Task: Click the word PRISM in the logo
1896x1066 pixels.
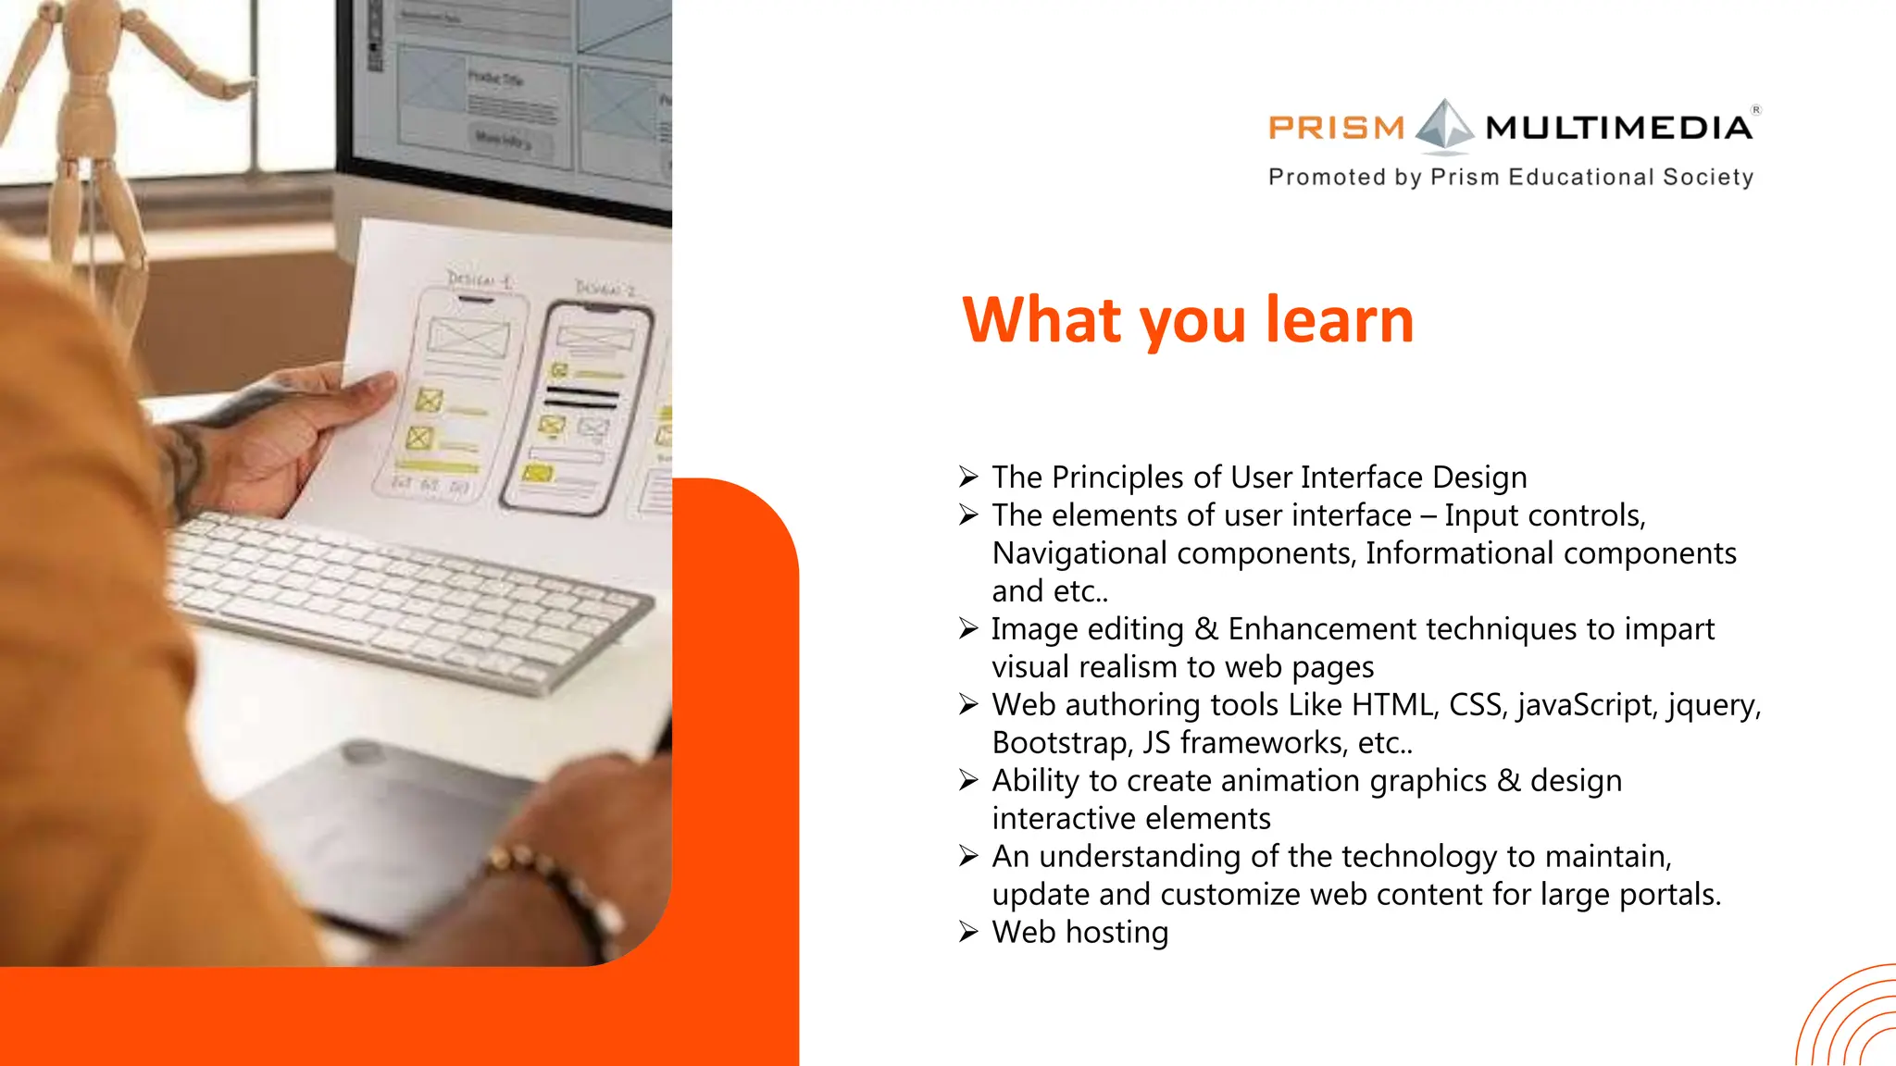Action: [x=1336, y=127]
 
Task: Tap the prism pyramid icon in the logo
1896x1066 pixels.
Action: [x=1444, y=125]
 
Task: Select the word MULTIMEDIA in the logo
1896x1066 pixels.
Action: [x=1618, y=127]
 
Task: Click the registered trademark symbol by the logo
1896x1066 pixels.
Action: [x=1756, y=109]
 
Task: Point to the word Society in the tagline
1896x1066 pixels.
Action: [x=1707, y=177]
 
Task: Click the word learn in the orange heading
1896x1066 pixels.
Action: [x=1340, y=320]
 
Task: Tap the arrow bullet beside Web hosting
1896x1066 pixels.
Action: [x=968, y=932]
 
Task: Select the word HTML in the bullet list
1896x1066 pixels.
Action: [x=1394, y=705]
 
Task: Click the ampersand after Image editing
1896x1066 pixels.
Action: [x=1205, y=629]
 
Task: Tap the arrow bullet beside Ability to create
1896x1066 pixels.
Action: [x=968, y=781]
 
